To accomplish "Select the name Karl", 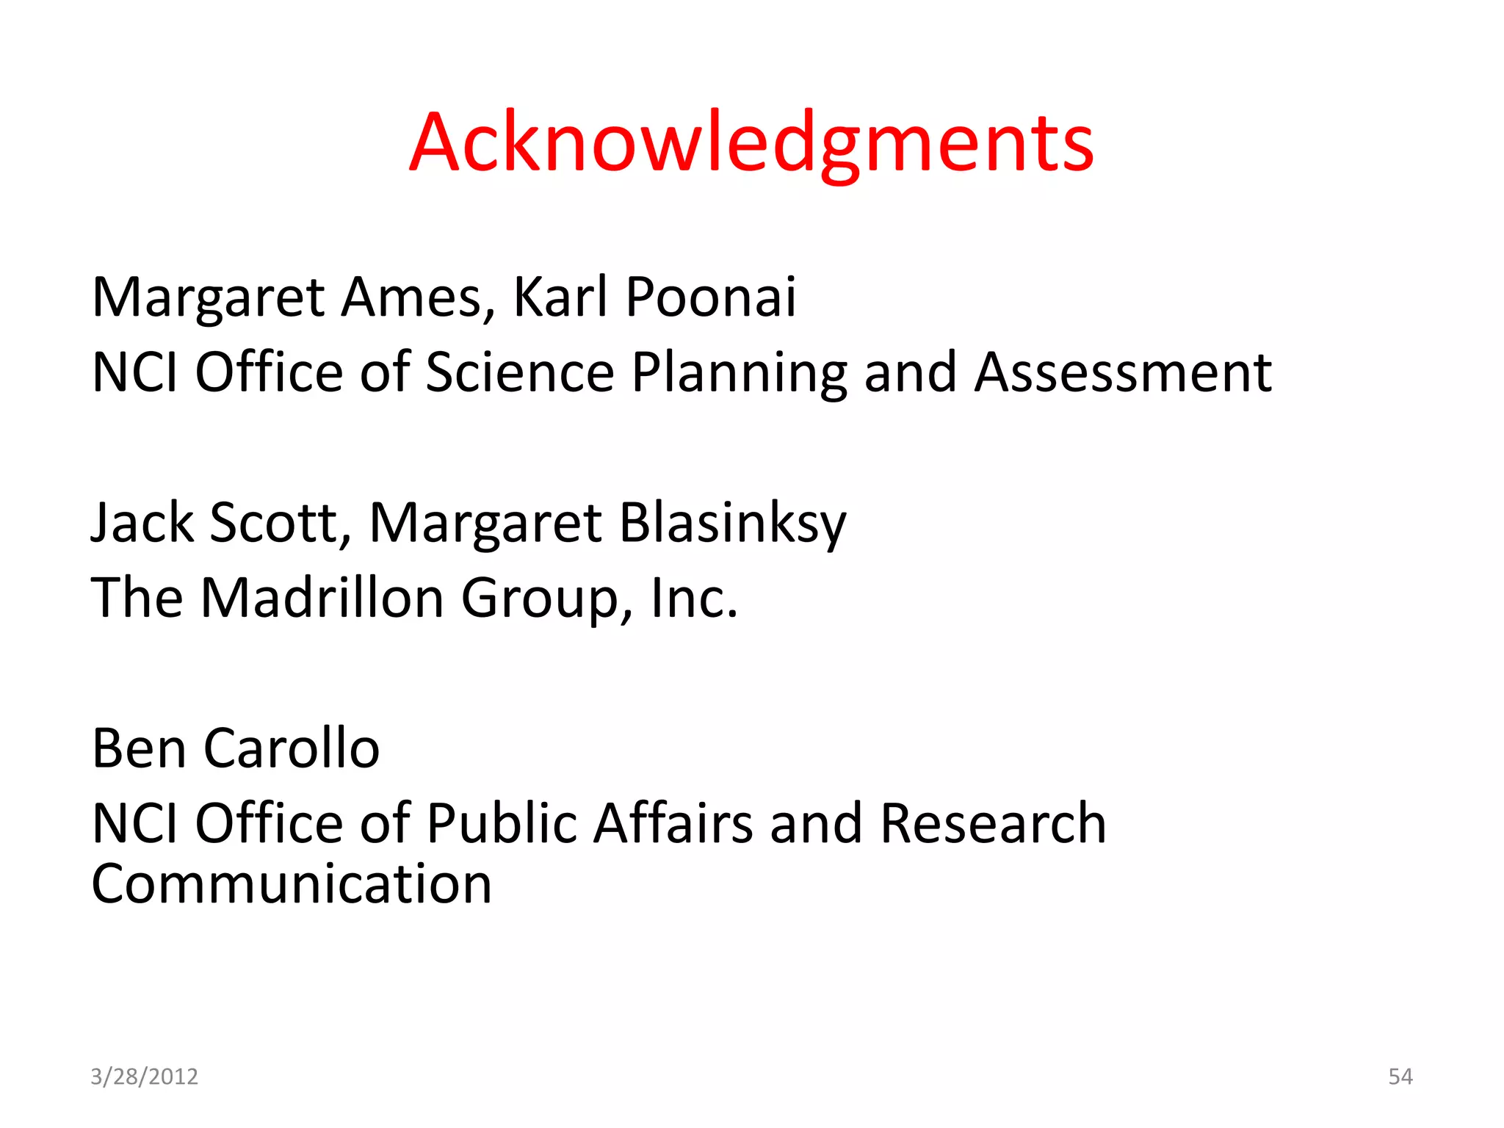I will click(560, 297).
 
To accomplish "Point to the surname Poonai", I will click(710, 297).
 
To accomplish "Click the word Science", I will click(519, 372).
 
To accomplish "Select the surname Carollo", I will click(291, 748).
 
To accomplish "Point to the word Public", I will click(502, 823).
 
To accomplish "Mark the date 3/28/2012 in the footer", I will click(144, 1077).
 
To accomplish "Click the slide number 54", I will click(1400, 1077).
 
